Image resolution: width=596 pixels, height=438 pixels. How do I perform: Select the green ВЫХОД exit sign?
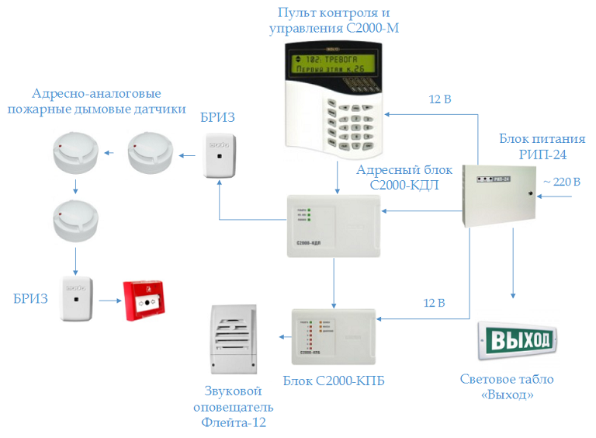coord(518,339)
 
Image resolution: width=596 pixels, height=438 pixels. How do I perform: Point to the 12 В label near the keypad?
coord(440,99)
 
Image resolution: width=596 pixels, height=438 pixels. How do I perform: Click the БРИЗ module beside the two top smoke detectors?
coord(220,155)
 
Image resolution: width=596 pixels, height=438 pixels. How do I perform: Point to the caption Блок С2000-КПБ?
coord(334,381)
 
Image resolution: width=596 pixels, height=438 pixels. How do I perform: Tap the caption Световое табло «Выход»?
coord(508,387)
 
